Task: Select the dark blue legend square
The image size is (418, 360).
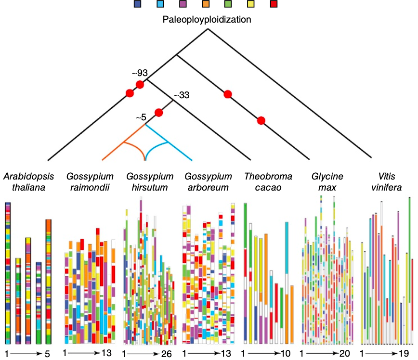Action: click(138, 5)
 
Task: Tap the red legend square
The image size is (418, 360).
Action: click(274, 5)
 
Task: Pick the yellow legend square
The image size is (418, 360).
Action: click(251, 5)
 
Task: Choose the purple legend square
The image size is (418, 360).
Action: click(183, 5)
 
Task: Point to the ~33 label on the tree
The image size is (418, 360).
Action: click(181, 95)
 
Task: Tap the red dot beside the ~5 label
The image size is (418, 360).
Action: click(158, 113)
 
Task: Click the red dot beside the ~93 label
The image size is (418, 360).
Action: click(140, 85)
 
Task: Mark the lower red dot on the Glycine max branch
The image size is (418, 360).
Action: click(261, 120)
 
